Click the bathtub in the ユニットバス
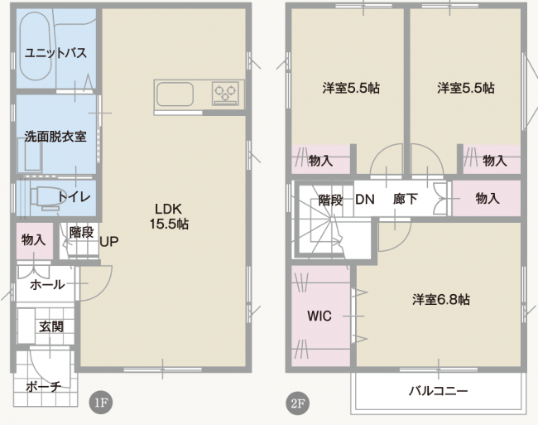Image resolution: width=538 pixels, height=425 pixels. pyautogui.click(x=36, y=46)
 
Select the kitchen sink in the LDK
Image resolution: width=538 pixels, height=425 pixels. pyautogui.click(x=175, y=94)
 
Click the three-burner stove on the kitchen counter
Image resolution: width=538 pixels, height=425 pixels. pyautogui.click(x=225, y=93)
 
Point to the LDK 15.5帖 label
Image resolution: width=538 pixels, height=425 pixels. pyautogui.click(x=169, y=216)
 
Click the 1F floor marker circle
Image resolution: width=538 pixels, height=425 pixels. pyautogui.click(x=101, y=403)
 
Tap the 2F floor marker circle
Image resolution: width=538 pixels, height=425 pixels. pyautogui.click(x=297, y=403)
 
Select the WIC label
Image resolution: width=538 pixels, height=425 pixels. pyautogui.click(x=319, y=316)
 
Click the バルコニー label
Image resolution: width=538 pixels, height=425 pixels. pyautogui.click(x=438, y=391)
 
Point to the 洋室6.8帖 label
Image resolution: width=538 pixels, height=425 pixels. pyautogui.click(x=441, y=300)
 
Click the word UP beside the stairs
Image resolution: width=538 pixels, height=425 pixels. pyautogui.click(x=109, y=242)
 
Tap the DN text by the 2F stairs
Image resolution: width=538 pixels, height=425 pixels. pyautogui.click(x=365, y=200)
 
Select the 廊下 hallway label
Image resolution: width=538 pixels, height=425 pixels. pyautogui.click(x=406, y=199)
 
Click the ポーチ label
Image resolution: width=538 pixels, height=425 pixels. pyautogui.click(x=44, y=387)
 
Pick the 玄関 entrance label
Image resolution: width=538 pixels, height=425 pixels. pyautogui.click(x=51, y=326)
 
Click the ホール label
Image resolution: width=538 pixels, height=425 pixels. pyautogui.click(x=47, y=285)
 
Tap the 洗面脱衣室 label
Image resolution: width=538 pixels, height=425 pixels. pyautogui.click(x=55, y=137)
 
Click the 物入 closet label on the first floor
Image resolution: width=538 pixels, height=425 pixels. pyautogui.click(x=34, y=239)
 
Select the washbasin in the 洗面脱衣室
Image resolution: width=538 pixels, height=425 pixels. pyautogui.click(x=33, y=157)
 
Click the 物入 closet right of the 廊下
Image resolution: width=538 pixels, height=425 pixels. pyautogui.click(x=487, y=199)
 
